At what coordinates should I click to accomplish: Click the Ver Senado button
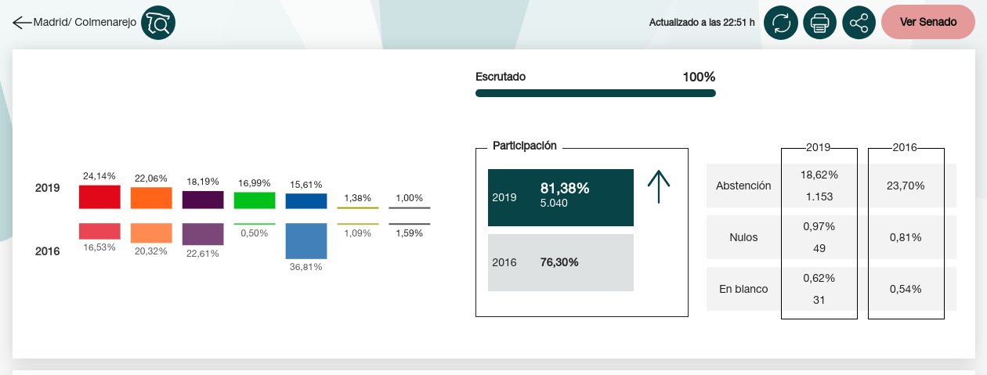click(928, 22)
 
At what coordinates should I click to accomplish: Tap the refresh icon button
click(781, 23)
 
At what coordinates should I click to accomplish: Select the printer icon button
click(819, 23)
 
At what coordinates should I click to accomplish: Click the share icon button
click(859, 23)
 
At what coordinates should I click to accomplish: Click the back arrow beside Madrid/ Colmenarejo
click(22, 23)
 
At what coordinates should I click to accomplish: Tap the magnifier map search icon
click(158, 23)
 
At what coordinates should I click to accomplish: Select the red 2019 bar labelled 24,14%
click(99, 197)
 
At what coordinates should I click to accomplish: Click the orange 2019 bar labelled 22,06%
click(151, 197)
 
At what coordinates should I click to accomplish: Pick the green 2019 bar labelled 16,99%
click(255, 200)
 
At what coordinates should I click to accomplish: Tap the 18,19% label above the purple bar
click(203, 182)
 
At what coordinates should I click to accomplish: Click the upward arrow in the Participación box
click(659, 186)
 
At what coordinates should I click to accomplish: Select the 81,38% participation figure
click(565, 189)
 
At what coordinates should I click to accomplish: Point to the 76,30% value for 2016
click(559, 262)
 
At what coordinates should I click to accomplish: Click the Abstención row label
click(743, 186)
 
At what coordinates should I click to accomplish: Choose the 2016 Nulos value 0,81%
click(906, 237)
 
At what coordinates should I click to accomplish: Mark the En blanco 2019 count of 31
click(819, 300)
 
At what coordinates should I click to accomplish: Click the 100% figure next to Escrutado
click(699, 77)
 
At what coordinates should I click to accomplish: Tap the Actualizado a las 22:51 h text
click(702, 23)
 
